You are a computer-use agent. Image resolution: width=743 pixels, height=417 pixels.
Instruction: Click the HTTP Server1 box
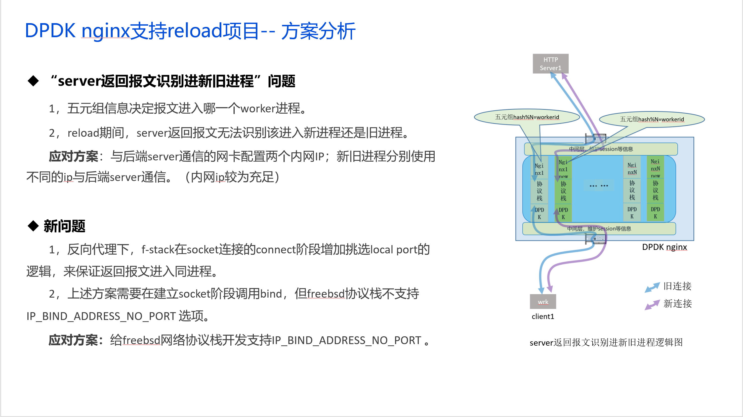pos(550,64)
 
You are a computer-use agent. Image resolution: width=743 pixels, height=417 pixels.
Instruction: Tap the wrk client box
pos(543,301)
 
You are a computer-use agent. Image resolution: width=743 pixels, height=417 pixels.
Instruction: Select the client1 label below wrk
pos(543,316)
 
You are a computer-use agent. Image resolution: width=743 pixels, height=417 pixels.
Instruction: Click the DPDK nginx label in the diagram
pos(664,247)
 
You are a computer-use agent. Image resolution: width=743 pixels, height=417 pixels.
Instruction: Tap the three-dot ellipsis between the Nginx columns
pos(598,186)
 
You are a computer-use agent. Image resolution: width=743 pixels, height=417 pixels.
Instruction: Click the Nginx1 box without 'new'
pos(539,169)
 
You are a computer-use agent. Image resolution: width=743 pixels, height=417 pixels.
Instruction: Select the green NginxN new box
pos(655,168)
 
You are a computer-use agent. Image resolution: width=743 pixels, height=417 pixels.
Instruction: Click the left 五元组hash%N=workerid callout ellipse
pos(527,117)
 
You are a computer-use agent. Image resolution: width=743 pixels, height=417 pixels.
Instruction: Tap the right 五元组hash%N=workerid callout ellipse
pos(652,119)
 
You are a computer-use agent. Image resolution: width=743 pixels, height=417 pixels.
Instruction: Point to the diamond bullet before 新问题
pos(33,226)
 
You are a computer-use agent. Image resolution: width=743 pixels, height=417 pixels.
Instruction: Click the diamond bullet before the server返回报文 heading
pos(33,81)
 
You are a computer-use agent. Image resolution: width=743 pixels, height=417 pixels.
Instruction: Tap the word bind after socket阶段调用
pos(271,294)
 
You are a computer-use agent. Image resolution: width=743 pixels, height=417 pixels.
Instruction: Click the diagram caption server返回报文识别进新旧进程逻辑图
pos(606,342)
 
